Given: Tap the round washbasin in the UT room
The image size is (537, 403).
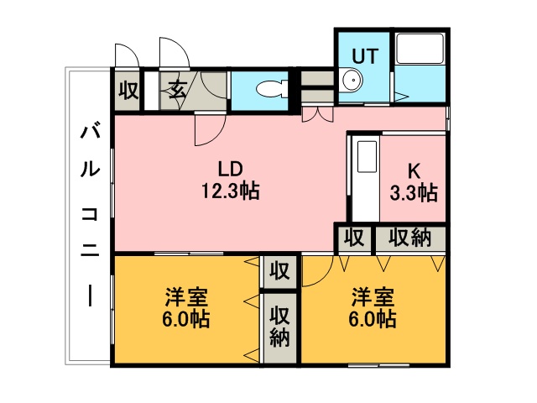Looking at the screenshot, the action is click(352, 81).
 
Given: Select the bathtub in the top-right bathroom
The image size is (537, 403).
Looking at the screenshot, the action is click(420, 49).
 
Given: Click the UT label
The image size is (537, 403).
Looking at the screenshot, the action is click(366, 56).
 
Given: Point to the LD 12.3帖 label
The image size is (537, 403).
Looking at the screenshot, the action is click(231, 180).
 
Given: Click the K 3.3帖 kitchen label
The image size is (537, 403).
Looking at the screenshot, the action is click(414, 181).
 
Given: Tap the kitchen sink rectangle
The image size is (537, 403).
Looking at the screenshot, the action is click(368, 156).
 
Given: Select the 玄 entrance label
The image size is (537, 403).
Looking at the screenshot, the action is click(177, 90).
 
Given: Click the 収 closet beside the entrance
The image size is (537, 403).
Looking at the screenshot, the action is click(128, 90).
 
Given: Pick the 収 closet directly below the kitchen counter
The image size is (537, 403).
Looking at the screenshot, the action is click(354, 238).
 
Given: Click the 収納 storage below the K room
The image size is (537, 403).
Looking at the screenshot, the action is click(410, 238).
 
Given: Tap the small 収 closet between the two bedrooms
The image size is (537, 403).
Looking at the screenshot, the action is click(279, 272).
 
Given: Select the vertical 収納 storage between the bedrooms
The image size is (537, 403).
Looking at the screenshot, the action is click(279, 327).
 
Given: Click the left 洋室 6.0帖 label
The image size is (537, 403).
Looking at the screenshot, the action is click(186, 308).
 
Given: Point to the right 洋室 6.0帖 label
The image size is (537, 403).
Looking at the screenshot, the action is click(373, 308).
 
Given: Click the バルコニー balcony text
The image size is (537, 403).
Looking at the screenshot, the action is click(90, 215).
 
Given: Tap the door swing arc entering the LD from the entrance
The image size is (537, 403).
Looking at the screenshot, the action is click(216, 136).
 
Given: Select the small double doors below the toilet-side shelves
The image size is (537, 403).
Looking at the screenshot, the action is click(317, 114).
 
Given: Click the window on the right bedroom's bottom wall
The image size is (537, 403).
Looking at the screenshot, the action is click(378, 365).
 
